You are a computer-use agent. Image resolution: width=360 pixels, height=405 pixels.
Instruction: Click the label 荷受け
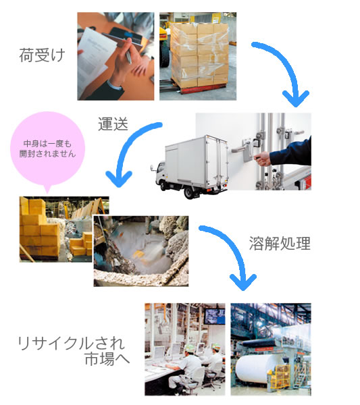42,55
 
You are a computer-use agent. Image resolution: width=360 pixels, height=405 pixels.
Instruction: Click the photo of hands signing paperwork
115,56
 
